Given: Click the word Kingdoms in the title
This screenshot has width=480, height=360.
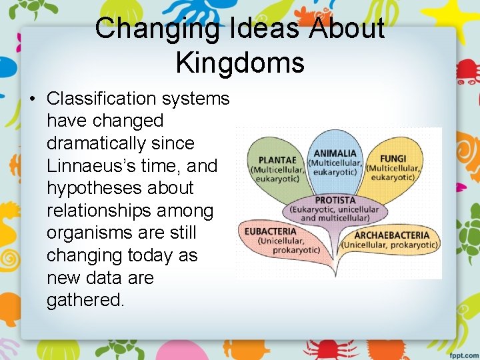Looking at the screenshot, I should (x=240, y=62).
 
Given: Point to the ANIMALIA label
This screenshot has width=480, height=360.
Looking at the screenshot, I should (x=335, y=153).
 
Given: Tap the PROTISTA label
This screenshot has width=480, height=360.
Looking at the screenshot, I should (x=335, y=200).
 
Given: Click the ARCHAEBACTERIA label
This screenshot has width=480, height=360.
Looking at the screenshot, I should (x=392, y=235).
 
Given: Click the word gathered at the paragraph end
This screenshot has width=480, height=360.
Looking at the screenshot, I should (x=85, y=300).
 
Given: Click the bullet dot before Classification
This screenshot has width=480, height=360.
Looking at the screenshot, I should (x=31, y=99).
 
